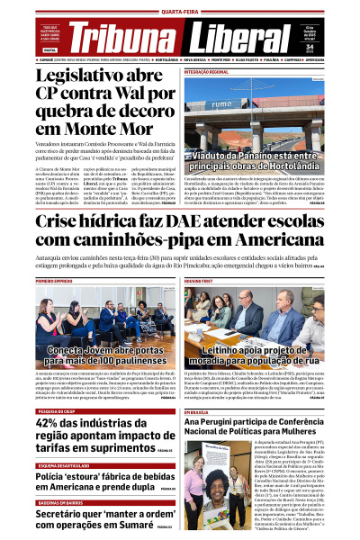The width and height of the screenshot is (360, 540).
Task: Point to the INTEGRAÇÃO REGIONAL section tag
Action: click(212, 70)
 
